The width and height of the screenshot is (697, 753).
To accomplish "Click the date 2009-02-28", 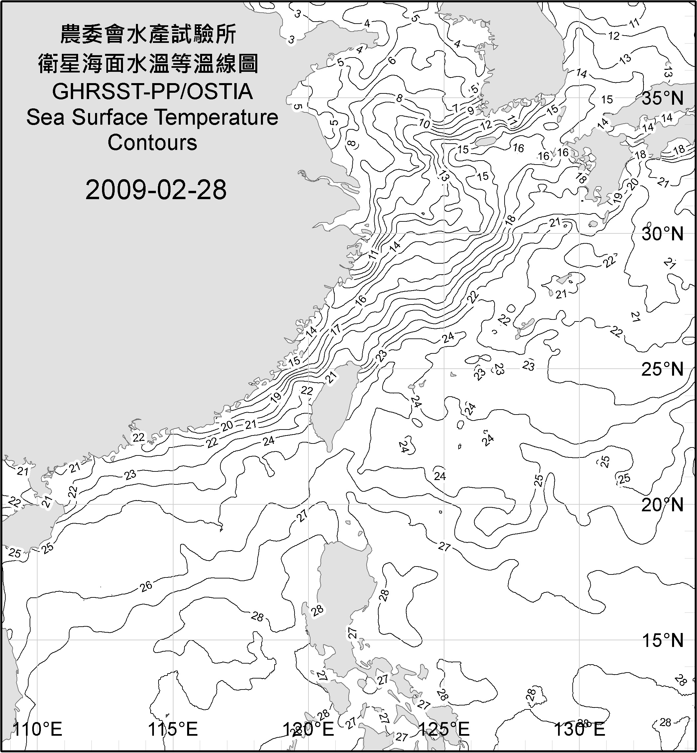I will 156,189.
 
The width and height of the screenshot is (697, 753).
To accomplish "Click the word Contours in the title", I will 152,143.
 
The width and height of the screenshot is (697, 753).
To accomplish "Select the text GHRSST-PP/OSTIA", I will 152,92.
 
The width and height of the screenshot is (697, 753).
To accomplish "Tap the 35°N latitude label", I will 662,98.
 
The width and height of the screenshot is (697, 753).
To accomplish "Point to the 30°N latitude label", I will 662,234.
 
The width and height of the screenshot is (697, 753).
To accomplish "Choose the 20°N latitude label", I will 662,504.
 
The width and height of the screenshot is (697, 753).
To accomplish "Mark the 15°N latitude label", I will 662,640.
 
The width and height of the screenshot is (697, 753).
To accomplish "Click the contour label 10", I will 424,123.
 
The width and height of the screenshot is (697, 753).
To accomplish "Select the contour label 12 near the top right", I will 614,36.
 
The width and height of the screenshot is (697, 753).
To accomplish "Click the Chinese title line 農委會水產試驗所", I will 148,35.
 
